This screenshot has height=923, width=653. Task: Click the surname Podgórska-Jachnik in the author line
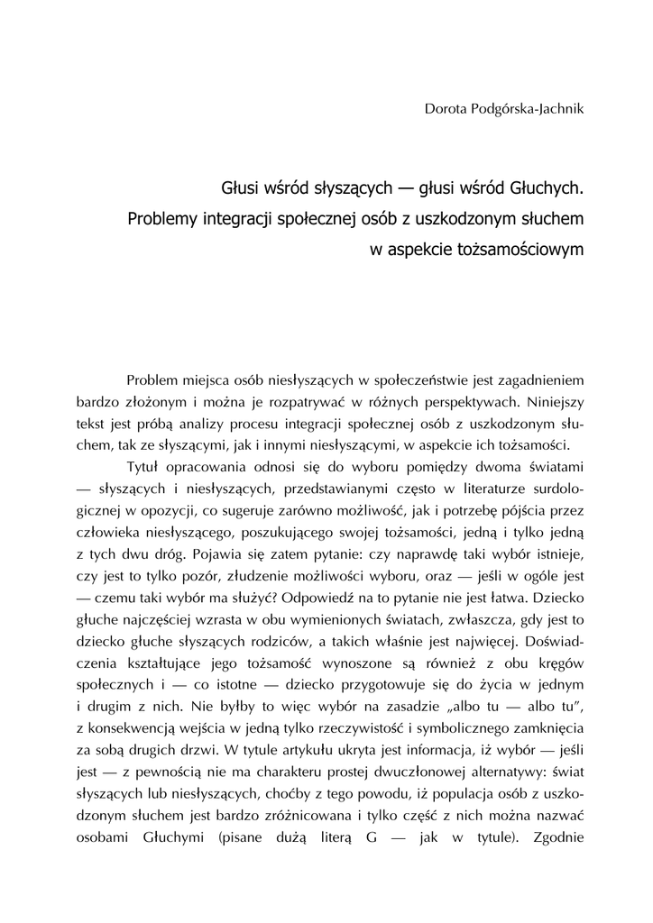(525, 109)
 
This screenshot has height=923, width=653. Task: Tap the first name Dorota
(445, 109)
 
